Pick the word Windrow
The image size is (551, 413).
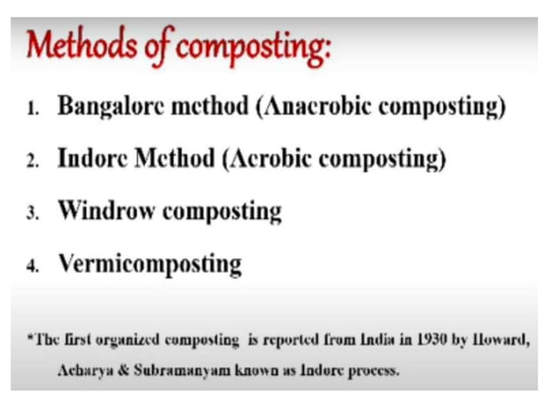tap(110, 210)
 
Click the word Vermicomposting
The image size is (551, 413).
tap(149, 262)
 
